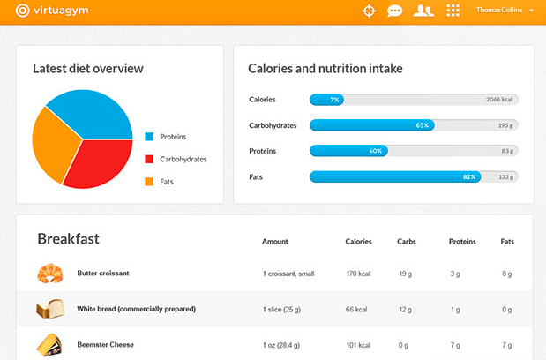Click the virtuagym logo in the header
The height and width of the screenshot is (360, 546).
click(52, 11)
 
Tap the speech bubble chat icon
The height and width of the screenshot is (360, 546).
click(395, 11)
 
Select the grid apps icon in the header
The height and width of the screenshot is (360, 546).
click(453, 11)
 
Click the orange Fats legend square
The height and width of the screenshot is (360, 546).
click(149, 182)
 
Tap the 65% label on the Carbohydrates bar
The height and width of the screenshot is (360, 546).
click(423, 125)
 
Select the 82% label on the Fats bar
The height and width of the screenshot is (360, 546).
click(469, 177)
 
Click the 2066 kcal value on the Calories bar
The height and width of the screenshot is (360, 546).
click(499, 100)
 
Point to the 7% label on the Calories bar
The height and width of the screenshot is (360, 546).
click(334, 100)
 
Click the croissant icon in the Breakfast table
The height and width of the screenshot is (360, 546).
click(49, 274)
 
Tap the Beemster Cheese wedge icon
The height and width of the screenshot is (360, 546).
click(49, 344)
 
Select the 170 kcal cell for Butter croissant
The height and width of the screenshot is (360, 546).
click(358, 274)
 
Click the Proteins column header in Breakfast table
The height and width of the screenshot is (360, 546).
click(462, 241)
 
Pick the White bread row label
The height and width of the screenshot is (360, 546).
click(136, 309)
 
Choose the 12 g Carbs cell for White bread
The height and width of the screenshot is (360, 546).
click(406, 309)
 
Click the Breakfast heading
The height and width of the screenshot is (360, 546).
click(68, 239)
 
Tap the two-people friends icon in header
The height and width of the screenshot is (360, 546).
click(423, 11)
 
